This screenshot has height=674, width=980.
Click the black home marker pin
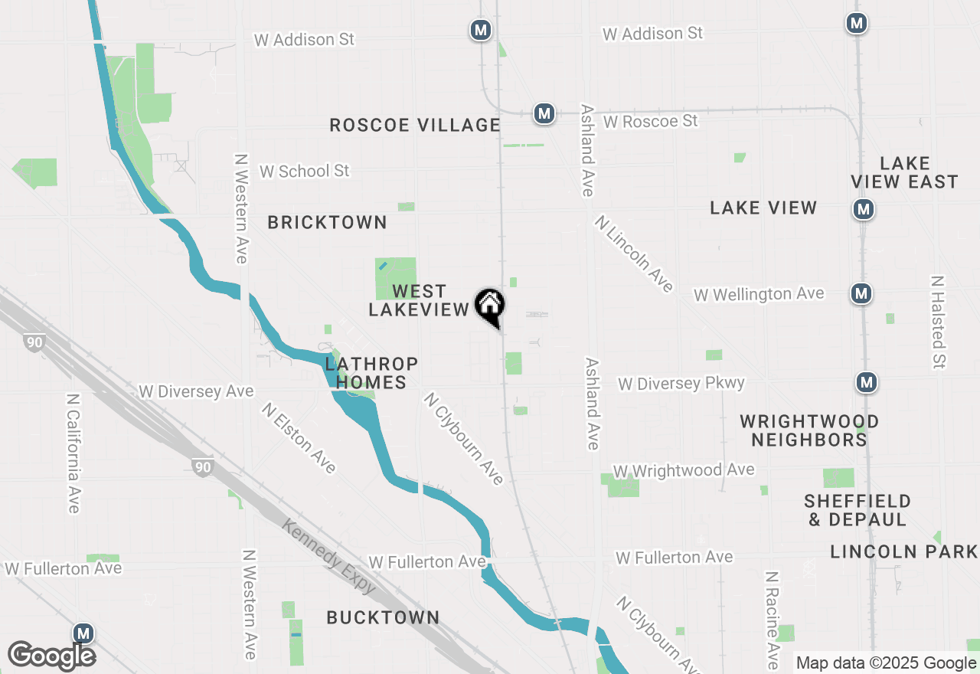489,307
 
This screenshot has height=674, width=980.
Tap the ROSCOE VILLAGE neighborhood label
415,125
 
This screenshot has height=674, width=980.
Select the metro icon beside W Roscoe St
544,114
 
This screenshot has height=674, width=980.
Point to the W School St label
304,171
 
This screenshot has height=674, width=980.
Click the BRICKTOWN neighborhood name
327,222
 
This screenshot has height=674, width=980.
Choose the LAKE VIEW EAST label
904,172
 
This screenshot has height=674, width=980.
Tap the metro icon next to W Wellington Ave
862,293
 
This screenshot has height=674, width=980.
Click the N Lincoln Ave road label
635,254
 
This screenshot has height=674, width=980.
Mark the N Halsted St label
938,322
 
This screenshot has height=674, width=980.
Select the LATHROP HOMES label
371,372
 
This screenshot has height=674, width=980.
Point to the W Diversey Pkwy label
681,384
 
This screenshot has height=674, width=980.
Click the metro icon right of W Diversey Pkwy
866,381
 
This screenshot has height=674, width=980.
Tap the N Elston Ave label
299,437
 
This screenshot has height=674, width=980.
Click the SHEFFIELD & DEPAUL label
857,510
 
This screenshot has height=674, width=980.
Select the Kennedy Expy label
329,556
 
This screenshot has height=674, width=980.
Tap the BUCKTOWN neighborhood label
383,617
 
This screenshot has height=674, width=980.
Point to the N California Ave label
73,453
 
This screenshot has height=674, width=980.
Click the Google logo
51,656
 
